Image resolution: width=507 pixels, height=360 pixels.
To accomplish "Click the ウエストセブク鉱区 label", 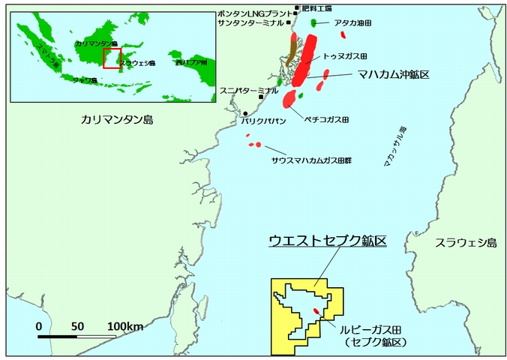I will tap(328, 241).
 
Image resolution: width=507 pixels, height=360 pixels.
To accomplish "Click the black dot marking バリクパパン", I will tap(245, 113).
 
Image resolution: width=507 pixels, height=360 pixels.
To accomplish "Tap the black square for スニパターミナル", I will tap(261, 97).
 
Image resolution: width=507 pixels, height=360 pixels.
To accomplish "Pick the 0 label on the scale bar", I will tap(38, 326).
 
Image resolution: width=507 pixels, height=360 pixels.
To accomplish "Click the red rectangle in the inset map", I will tap(112, 58).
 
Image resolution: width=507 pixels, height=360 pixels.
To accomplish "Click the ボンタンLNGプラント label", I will tap(254, 13).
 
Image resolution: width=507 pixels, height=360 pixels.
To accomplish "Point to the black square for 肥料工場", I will tap(297, 7).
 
